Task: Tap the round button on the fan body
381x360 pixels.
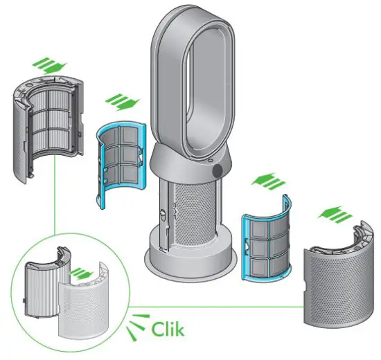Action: pos(219,169)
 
